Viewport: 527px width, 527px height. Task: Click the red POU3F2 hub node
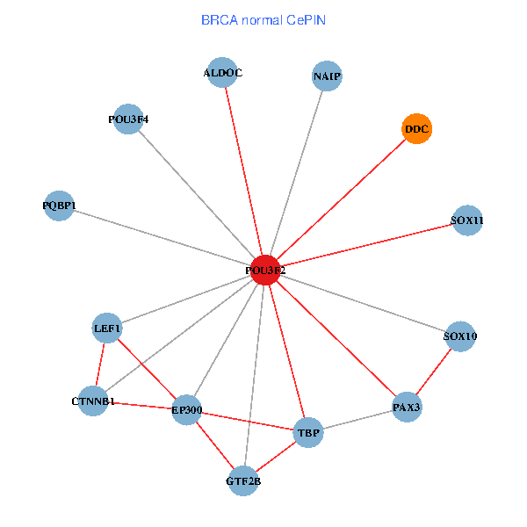265,270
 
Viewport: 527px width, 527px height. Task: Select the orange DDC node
416,130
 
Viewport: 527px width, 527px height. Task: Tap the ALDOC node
222,73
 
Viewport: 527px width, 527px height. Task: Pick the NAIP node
326,76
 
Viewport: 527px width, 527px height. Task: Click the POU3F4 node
128,119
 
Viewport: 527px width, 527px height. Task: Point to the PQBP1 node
59,206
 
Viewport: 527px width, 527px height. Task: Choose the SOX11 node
467,220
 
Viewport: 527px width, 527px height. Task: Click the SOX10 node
460,336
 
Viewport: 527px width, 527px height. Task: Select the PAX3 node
407,407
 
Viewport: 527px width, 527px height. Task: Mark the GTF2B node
244,480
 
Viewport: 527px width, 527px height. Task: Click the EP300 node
187,409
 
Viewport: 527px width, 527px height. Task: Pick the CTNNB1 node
93,401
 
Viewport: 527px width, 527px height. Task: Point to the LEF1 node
107,328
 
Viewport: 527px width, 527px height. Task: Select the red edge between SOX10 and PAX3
434,371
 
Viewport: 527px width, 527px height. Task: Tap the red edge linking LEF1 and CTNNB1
100,365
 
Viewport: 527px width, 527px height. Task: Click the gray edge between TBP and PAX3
357,420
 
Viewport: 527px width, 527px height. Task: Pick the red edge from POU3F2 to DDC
341,199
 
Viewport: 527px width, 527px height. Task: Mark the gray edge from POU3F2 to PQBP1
162,237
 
